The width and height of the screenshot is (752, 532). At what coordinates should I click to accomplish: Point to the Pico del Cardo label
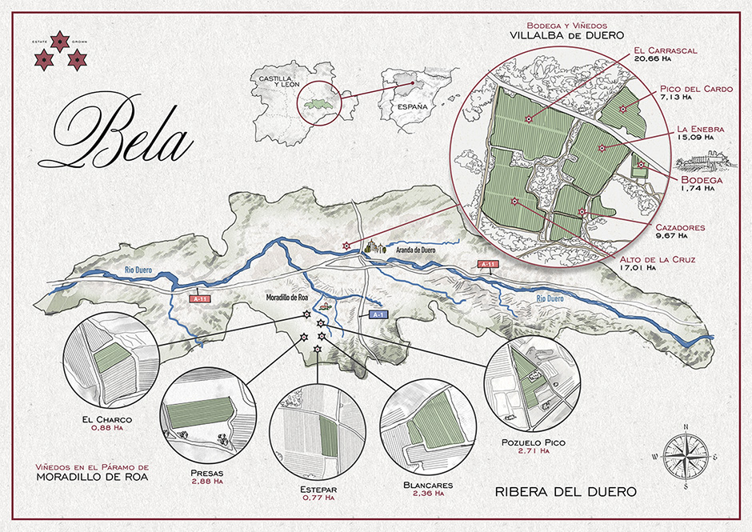pos(696,89)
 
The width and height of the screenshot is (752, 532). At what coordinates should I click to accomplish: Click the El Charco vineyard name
pos(106,418)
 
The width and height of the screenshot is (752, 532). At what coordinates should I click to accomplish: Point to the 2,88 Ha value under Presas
pos(207,482)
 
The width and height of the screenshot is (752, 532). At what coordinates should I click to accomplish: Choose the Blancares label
pos(430,485)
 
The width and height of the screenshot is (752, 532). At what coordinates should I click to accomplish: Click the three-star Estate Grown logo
pos(58,50)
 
